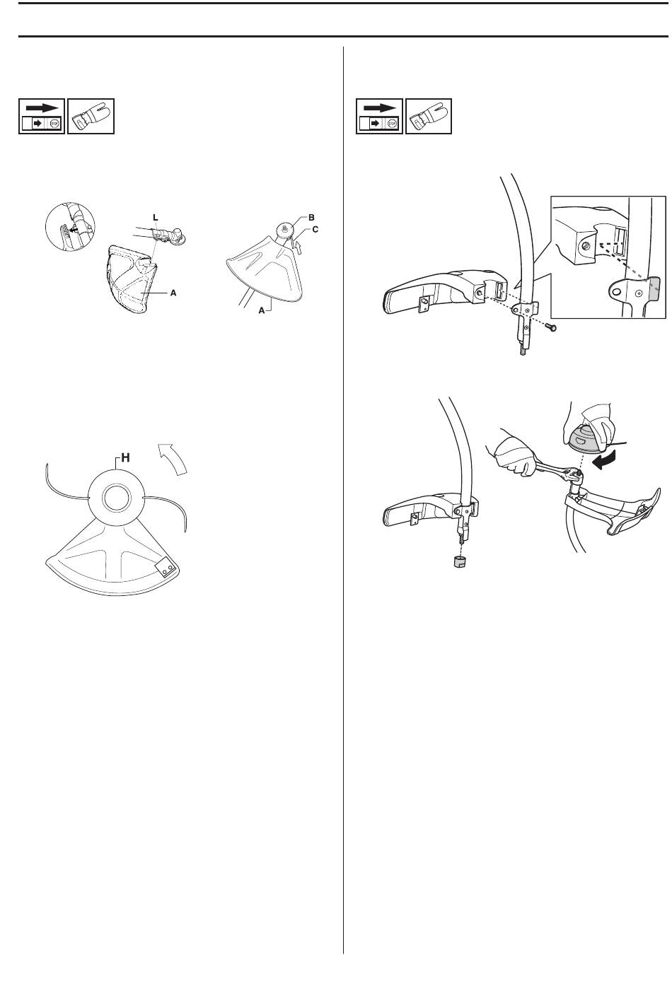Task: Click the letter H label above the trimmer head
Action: pyautogui.click(x=124, y=458)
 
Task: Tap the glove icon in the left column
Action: pyautogui.click(x=91, y=117)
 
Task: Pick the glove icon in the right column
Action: pyautogui.click(x=429, y=117)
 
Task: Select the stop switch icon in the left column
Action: pyautogui.click(x=41, y=117)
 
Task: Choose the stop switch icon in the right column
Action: pyautogui.click(x=379, y=117)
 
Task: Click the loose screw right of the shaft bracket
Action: pyautogui.click(x=553, y=327)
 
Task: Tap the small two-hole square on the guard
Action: pyautogui.click(x=166, y=566)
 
